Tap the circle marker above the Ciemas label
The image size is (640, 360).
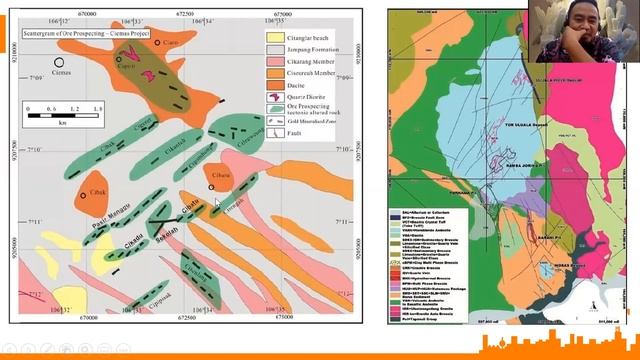60,62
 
